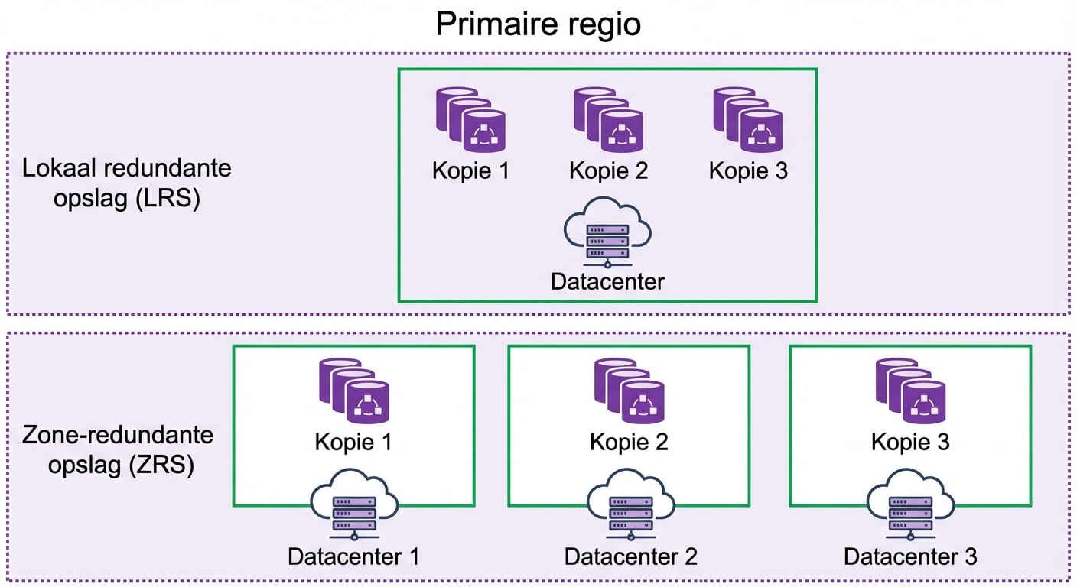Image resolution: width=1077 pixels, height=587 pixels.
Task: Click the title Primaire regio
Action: click(538, 24)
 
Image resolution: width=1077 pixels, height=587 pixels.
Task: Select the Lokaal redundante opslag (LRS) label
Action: click(126, 184)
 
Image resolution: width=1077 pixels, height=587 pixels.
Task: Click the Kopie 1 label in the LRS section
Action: click(470, 170)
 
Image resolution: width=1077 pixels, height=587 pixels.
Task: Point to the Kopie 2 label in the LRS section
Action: click(608, 170)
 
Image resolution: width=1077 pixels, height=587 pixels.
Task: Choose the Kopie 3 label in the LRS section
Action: click(748, 170)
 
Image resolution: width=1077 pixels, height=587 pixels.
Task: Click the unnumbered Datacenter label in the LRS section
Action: click(607, 281)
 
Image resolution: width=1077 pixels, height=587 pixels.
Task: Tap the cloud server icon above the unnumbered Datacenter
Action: click(607, 232)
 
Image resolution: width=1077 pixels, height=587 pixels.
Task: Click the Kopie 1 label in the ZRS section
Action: click(353, 442)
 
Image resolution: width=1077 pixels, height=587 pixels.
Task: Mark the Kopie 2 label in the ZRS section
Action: click(629, 442)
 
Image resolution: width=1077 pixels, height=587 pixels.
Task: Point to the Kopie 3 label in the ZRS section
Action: click(910, 442)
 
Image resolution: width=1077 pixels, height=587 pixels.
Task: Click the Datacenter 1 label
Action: click(353, 556)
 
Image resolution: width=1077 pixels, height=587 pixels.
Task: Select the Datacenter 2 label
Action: click(630, 556)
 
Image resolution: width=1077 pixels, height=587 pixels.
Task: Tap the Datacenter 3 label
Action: click(910, 556)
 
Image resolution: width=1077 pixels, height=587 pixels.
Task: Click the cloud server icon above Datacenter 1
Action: click(354, 504)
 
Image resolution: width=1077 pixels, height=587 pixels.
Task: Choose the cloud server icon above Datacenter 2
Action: click(630, 504)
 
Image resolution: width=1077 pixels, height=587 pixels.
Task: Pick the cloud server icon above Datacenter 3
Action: click(910, 504)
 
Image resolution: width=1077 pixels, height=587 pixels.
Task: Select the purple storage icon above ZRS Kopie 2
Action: click(630, 391)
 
